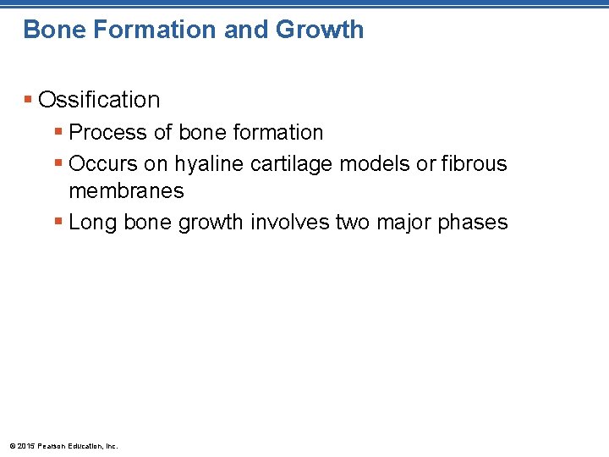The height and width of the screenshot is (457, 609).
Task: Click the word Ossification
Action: pos(99,100)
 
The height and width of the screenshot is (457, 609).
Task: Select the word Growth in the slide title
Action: pos(320,30)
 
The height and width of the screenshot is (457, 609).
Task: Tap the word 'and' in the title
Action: pos(245,30)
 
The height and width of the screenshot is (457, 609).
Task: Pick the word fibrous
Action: pos(474,163)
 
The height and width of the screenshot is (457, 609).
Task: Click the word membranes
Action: pos(126,191)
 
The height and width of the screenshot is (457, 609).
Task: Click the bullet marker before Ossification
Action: pos(29,100)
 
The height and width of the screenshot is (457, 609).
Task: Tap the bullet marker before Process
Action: pos(58,133)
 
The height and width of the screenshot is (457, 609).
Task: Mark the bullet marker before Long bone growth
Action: pos(58,223)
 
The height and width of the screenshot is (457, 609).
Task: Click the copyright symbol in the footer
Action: pos(11,445)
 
